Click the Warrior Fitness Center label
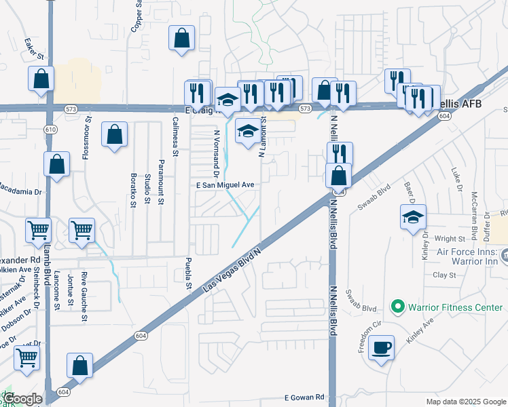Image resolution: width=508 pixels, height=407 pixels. (x=455, y=307)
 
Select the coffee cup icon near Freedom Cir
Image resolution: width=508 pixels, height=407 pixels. (x=382, y=348)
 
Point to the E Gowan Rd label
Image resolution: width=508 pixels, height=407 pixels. (x=305, y=398)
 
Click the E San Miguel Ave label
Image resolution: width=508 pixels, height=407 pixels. (x=225, y=185)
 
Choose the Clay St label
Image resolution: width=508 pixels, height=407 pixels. (x=444, y=275)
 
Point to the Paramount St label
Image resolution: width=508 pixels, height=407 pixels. (x=161, y=182)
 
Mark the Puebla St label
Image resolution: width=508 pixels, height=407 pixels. (x=188, y=273)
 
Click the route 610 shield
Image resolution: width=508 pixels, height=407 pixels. (x=51, y=129)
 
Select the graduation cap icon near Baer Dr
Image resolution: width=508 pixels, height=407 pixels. (x=414, y=217)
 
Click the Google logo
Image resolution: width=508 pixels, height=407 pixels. (x=22, y=399)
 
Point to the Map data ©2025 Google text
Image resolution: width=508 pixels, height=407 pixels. (x=465, y=402)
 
